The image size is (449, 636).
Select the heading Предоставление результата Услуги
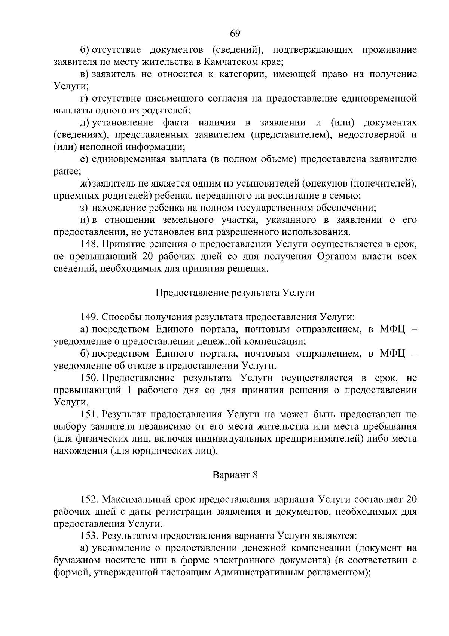235,293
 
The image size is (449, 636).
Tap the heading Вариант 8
235,475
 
